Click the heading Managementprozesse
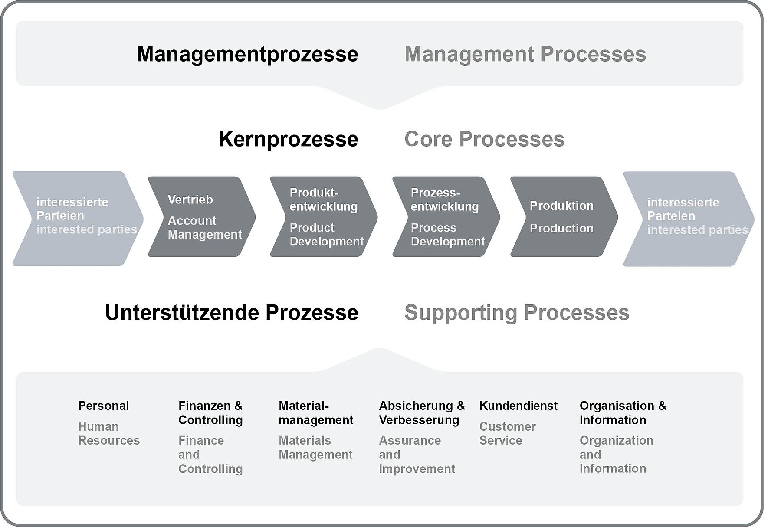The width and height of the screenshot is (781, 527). click(247, 55)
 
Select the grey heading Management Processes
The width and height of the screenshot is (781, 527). click(525, 55)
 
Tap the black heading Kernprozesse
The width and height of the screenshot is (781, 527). click(288, 140)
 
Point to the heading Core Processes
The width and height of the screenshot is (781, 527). click(484, 140)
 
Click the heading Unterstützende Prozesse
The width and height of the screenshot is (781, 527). click(232, 313)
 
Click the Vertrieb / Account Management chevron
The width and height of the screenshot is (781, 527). click(202, 216)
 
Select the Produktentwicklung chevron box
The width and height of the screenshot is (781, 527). click(324, 216)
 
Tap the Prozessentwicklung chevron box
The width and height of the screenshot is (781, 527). click(446, 216)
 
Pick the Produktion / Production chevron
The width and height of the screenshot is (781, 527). click(564, 216)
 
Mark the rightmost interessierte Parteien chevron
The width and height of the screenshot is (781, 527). click(689, 219)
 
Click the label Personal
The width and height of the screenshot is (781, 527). click(103, 406)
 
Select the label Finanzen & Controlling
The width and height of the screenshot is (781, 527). click(210, 413)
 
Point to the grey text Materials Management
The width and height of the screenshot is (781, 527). click(315, 448)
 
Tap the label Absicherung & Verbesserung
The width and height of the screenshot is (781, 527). click(422, 413)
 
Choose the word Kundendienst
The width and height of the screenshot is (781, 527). click(518, 406)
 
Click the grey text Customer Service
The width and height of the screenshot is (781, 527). click(507, 434)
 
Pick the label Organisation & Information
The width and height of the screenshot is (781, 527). click(623, 413)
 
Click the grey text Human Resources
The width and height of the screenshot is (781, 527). click(109, 434)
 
